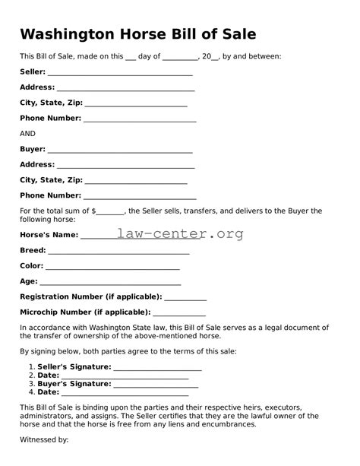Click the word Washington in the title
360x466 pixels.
pos(67,34)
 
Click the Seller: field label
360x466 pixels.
pos(33,72)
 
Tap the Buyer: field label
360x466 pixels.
pos(33,149)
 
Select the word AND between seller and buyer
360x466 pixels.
pos(27,133)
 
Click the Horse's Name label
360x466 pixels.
pos(49,235)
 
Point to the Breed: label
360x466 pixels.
pos(33,250)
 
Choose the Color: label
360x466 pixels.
pos(32,266)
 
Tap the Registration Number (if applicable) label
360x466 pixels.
pos(90,296)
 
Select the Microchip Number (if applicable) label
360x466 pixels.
pos(85,312)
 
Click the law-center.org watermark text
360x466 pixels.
pos(181,233)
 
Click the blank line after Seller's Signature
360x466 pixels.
pos(157,369)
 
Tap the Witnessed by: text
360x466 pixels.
pos(44,439)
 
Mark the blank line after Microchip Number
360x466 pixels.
pos(180,314)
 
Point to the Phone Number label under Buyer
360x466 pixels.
pos(50,195)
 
